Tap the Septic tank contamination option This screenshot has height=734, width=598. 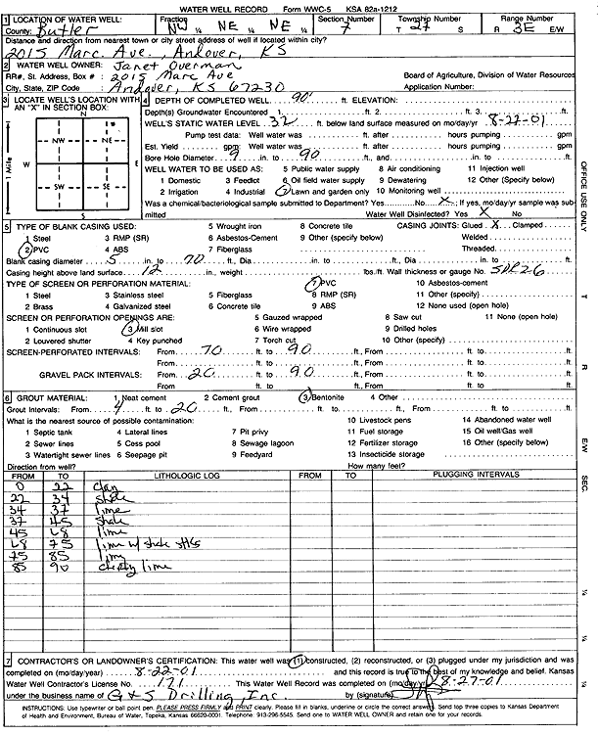(41, 430)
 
